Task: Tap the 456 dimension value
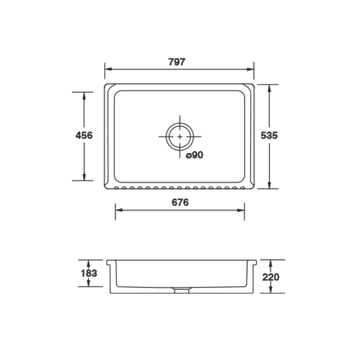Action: [x=84, y=136]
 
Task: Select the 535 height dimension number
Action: [x=269, y=136]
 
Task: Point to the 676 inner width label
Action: [x=180, y=202]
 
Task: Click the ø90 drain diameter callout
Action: [x=195, y=155]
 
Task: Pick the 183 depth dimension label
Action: [x=89, y=273]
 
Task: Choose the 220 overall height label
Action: [x=271, y=277]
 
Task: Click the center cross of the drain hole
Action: [x=180, y=136]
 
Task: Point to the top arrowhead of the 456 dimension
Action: [x=84, y=95]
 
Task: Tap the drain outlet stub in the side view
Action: [x=181, y=290]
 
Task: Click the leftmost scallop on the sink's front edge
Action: [x=116, y=188]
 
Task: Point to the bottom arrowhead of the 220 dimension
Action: [x=271, y=290]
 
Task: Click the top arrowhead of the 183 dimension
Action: [x=89, y=262]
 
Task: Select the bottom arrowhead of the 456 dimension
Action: [x=84, y=177]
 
